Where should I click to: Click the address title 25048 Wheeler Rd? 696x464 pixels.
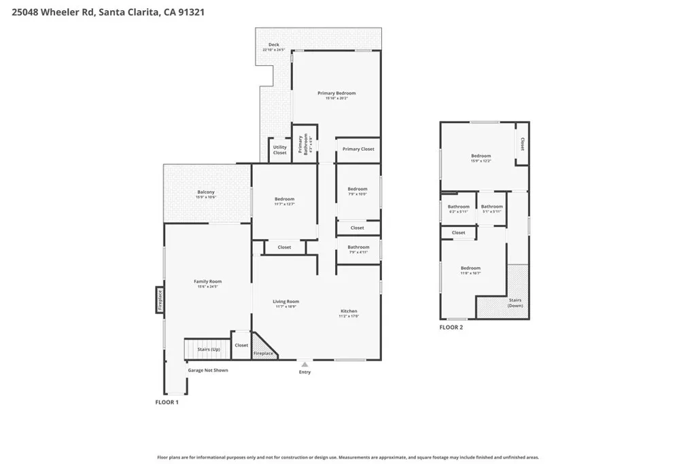pos(109,12)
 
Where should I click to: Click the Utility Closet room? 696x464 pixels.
pos(279,149)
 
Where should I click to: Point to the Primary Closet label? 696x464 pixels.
pos(358,149)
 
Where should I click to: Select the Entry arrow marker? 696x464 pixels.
pos(304,365)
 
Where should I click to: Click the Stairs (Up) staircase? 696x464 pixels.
pos(208,349)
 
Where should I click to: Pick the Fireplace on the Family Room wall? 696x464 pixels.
pos(160,300)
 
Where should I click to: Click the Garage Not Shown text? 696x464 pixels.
pos(208,370)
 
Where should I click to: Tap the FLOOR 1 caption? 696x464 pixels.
pos(167,402)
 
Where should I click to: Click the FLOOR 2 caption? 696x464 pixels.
pos(451,327)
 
